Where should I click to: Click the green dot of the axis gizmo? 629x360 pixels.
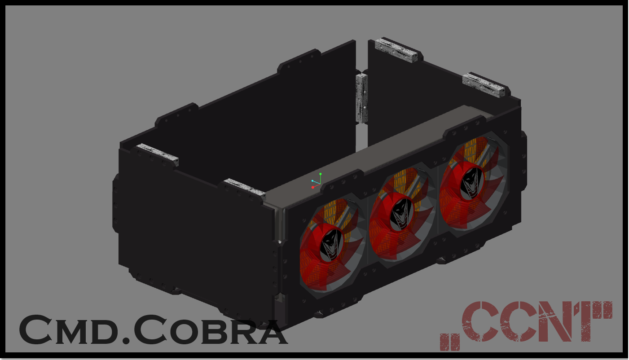[321, 174]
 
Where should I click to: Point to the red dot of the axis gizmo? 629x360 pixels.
[313, 187]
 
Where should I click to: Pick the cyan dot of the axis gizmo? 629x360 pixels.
[312, 181]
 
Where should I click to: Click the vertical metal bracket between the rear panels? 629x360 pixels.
[361, 98]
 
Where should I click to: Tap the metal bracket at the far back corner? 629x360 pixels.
[396, 49]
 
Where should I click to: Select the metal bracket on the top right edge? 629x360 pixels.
[484, 84]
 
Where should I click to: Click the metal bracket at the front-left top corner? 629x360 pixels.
[158, 154]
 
